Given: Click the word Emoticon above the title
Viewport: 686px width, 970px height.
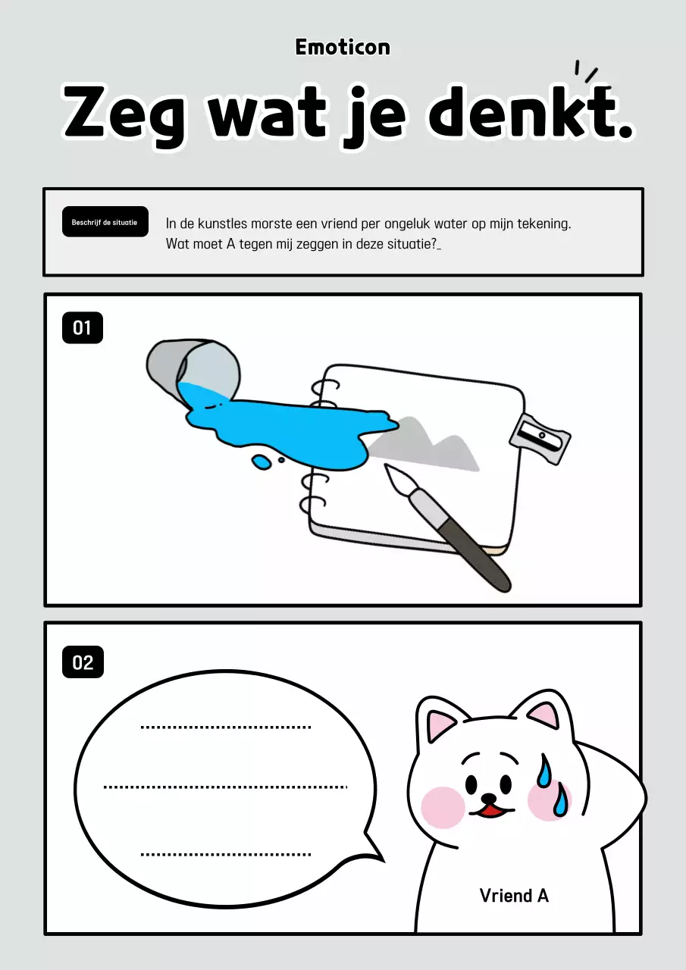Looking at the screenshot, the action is tap(343, 47).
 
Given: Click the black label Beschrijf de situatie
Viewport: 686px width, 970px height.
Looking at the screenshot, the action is tap(105, 222).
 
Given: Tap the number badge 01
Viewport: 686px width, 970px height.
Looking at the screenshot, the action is tap(83, 328).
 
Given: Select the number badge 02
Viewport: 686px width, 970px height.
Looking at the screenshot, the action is tap(83, 662).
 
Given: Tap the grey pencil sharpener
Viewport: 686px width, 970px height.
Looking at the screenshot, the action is tap(540, 439).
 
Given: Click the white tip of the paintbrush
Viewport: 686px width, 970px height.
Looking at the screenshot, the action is tap(397, 478).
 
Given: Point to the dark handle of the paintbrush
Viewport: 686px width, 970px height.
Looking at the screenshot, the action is tap(473, 551).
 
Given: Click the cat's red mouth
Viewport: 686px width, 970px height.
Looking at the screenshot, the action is tap(491, 809).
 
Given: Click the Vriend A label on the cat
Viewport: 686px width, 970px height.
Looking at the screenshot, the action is tap(514, 895).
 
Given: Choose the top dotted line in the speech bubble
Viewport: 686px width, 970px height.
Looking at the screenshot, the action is tap(226, 727).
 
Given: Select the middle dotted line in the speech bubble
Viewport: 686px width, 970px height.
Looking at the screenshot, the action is tap(225, 787).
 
